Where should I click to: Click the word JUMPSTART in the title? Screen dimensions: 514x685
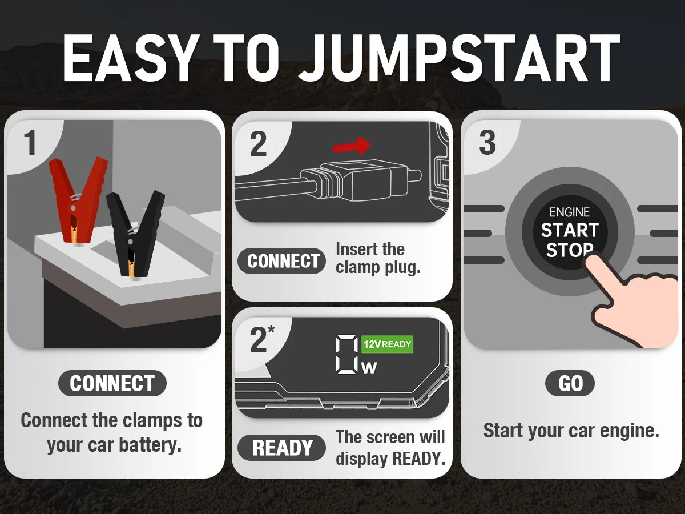(x=460, y=58)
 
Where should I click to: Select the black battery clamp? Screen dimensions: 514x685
(x=135, y=231)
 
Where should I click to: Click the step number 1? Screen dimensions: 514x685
(x=30, y=143)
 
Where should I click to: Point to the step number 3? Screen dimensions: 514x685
(x=487, y=143)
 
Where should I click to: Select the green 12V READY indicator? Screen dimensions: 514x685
(x=387, y=344)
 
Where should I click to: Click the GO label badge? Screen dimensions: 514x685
(x=570, y=384)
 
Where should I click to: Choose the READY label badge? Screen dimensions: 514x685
(x=282, y=448)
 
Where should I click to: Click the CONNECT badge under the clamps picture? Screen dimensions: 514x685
(x=112, y=384)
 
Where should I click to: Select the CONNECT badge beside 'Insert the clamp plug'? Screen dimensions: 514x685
(x=282, y=261)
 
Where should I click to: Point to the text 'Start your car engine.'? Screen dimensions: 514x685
(x=571, y=431)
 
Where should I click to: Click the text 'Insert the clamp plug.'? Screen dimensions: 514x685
(x=378, y=258)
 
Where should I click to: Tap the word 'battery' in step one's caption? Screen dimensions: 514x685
(x=150, y=445)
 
